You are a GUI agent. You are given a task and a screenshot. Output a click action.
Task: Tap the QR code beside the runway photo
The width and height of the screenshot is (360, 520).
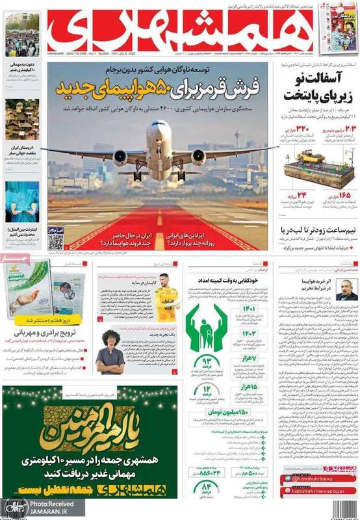pos(56,239)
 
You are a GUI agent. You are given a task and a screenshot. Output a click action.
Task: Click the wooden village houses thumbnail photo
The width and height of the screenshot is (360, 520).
pos(22,120)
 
